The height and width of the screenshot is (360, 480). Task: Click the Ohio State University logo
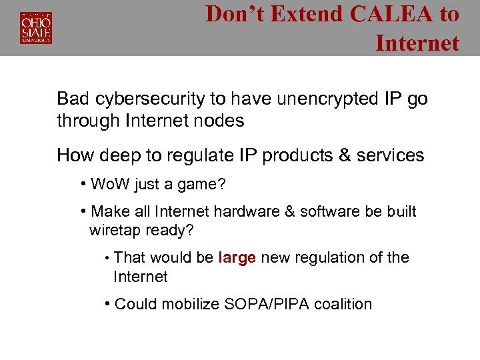(36, 27)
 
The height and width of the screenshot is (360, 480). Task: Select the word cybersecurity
(149, 99)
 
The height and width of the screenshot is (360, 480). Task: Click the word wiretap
(115, 231)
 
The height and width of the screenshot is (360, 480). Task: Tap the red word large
(237, 258)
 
